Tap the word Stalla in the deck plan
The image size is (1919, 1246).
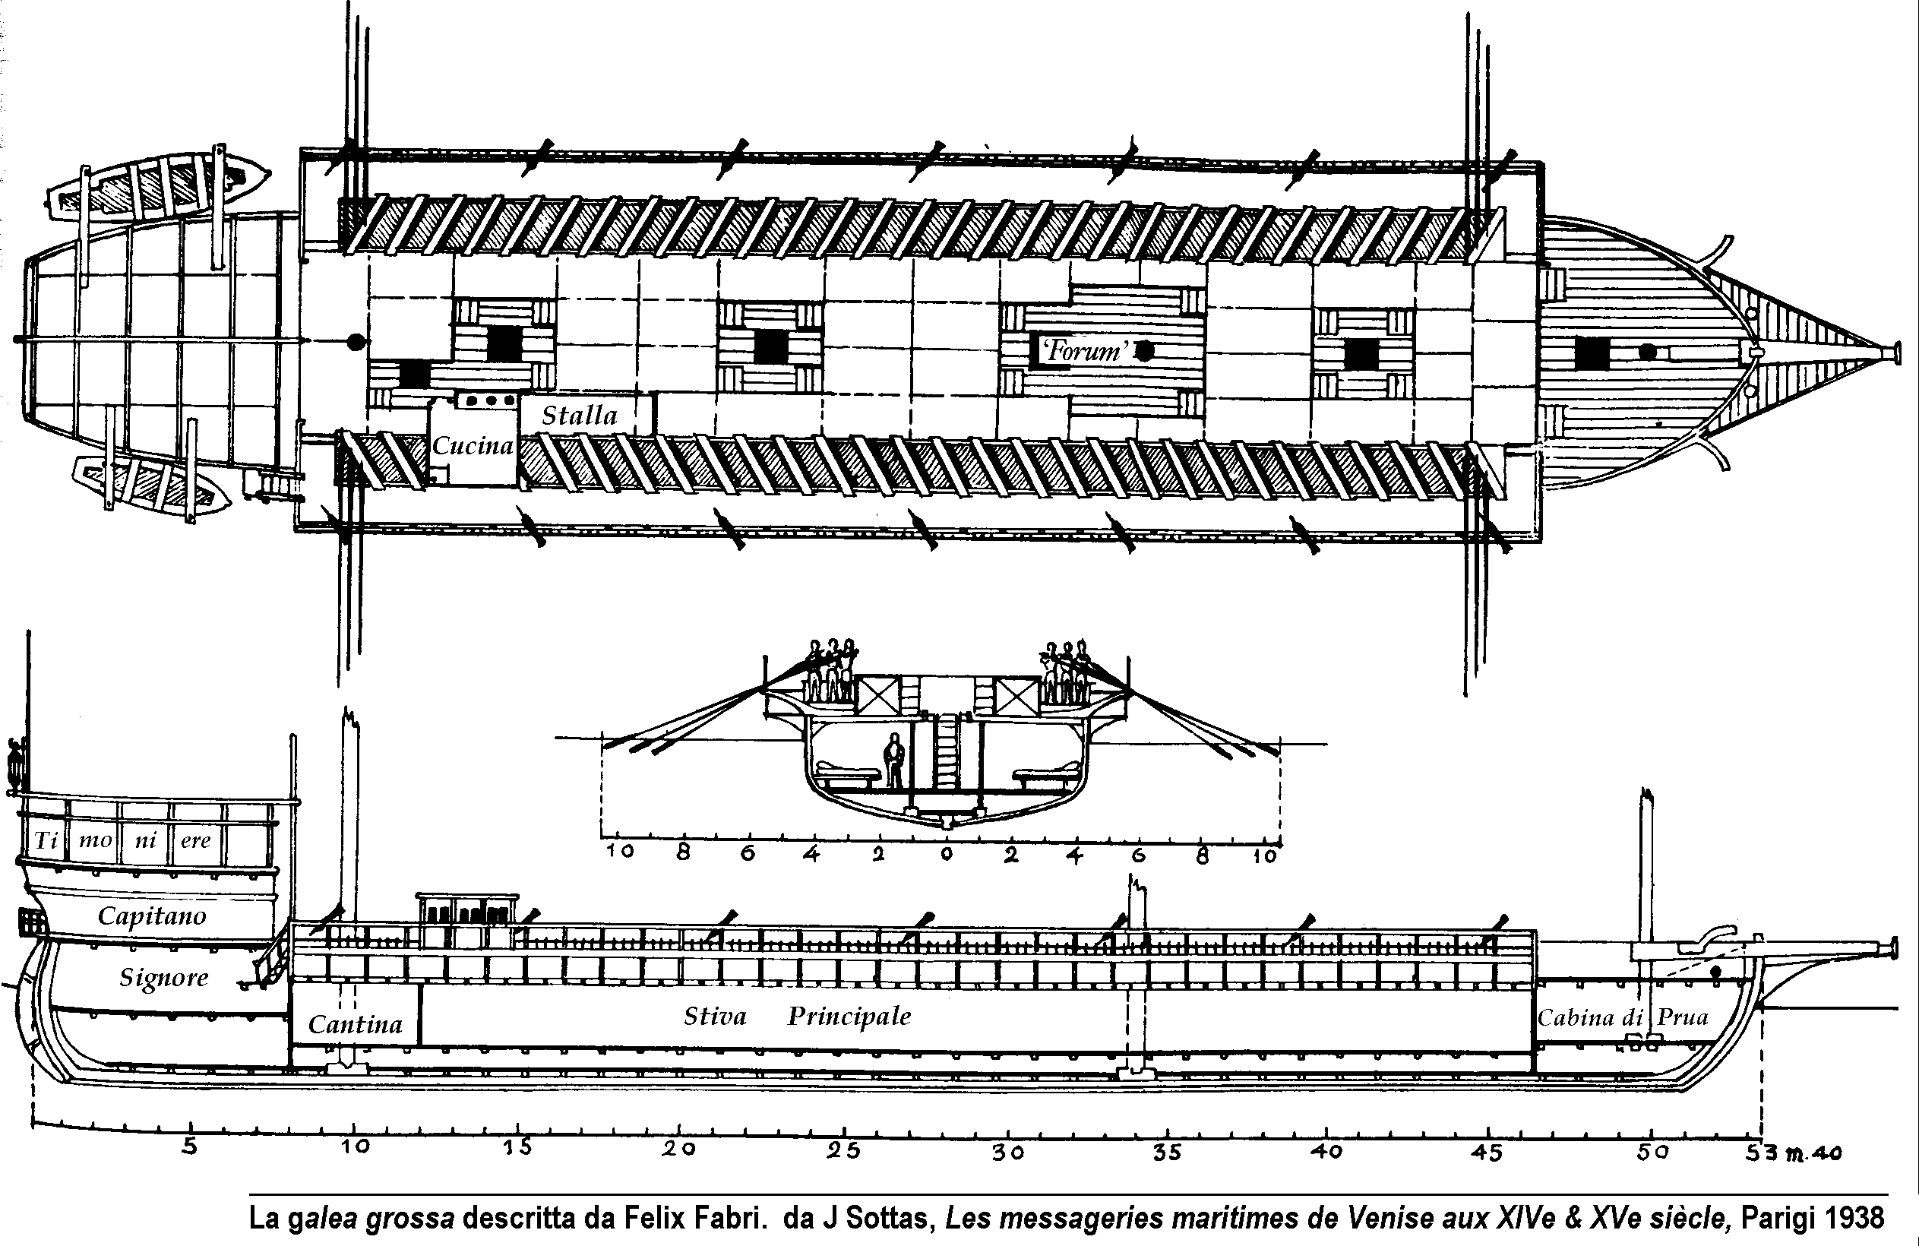click(x=579, y=416)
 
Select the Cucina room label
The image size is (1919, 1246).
click(x=473, y=446)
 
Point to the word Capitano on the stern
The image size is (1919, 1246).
click(x=152, y=916)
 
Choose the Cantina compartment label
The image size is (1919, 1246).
click(x=355, y=1024)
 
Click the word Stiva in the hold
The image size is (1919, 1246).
click(x=714, y=1016)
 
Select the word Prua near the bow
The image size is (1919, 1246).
click(x=1683, y=1017)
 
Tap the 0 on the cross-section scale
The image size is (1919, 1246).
click(x=947, y=854)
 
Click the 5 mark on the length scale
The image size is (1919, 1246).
click(x=188, y=1146)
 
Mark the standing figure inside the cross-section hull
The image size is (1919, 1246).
click(x=893, y=760)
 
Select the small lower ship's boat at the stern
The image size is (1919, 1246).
click(x=152, y=483)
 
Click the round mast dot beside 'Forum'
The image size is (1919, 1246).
click(x=1143, y=351)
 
